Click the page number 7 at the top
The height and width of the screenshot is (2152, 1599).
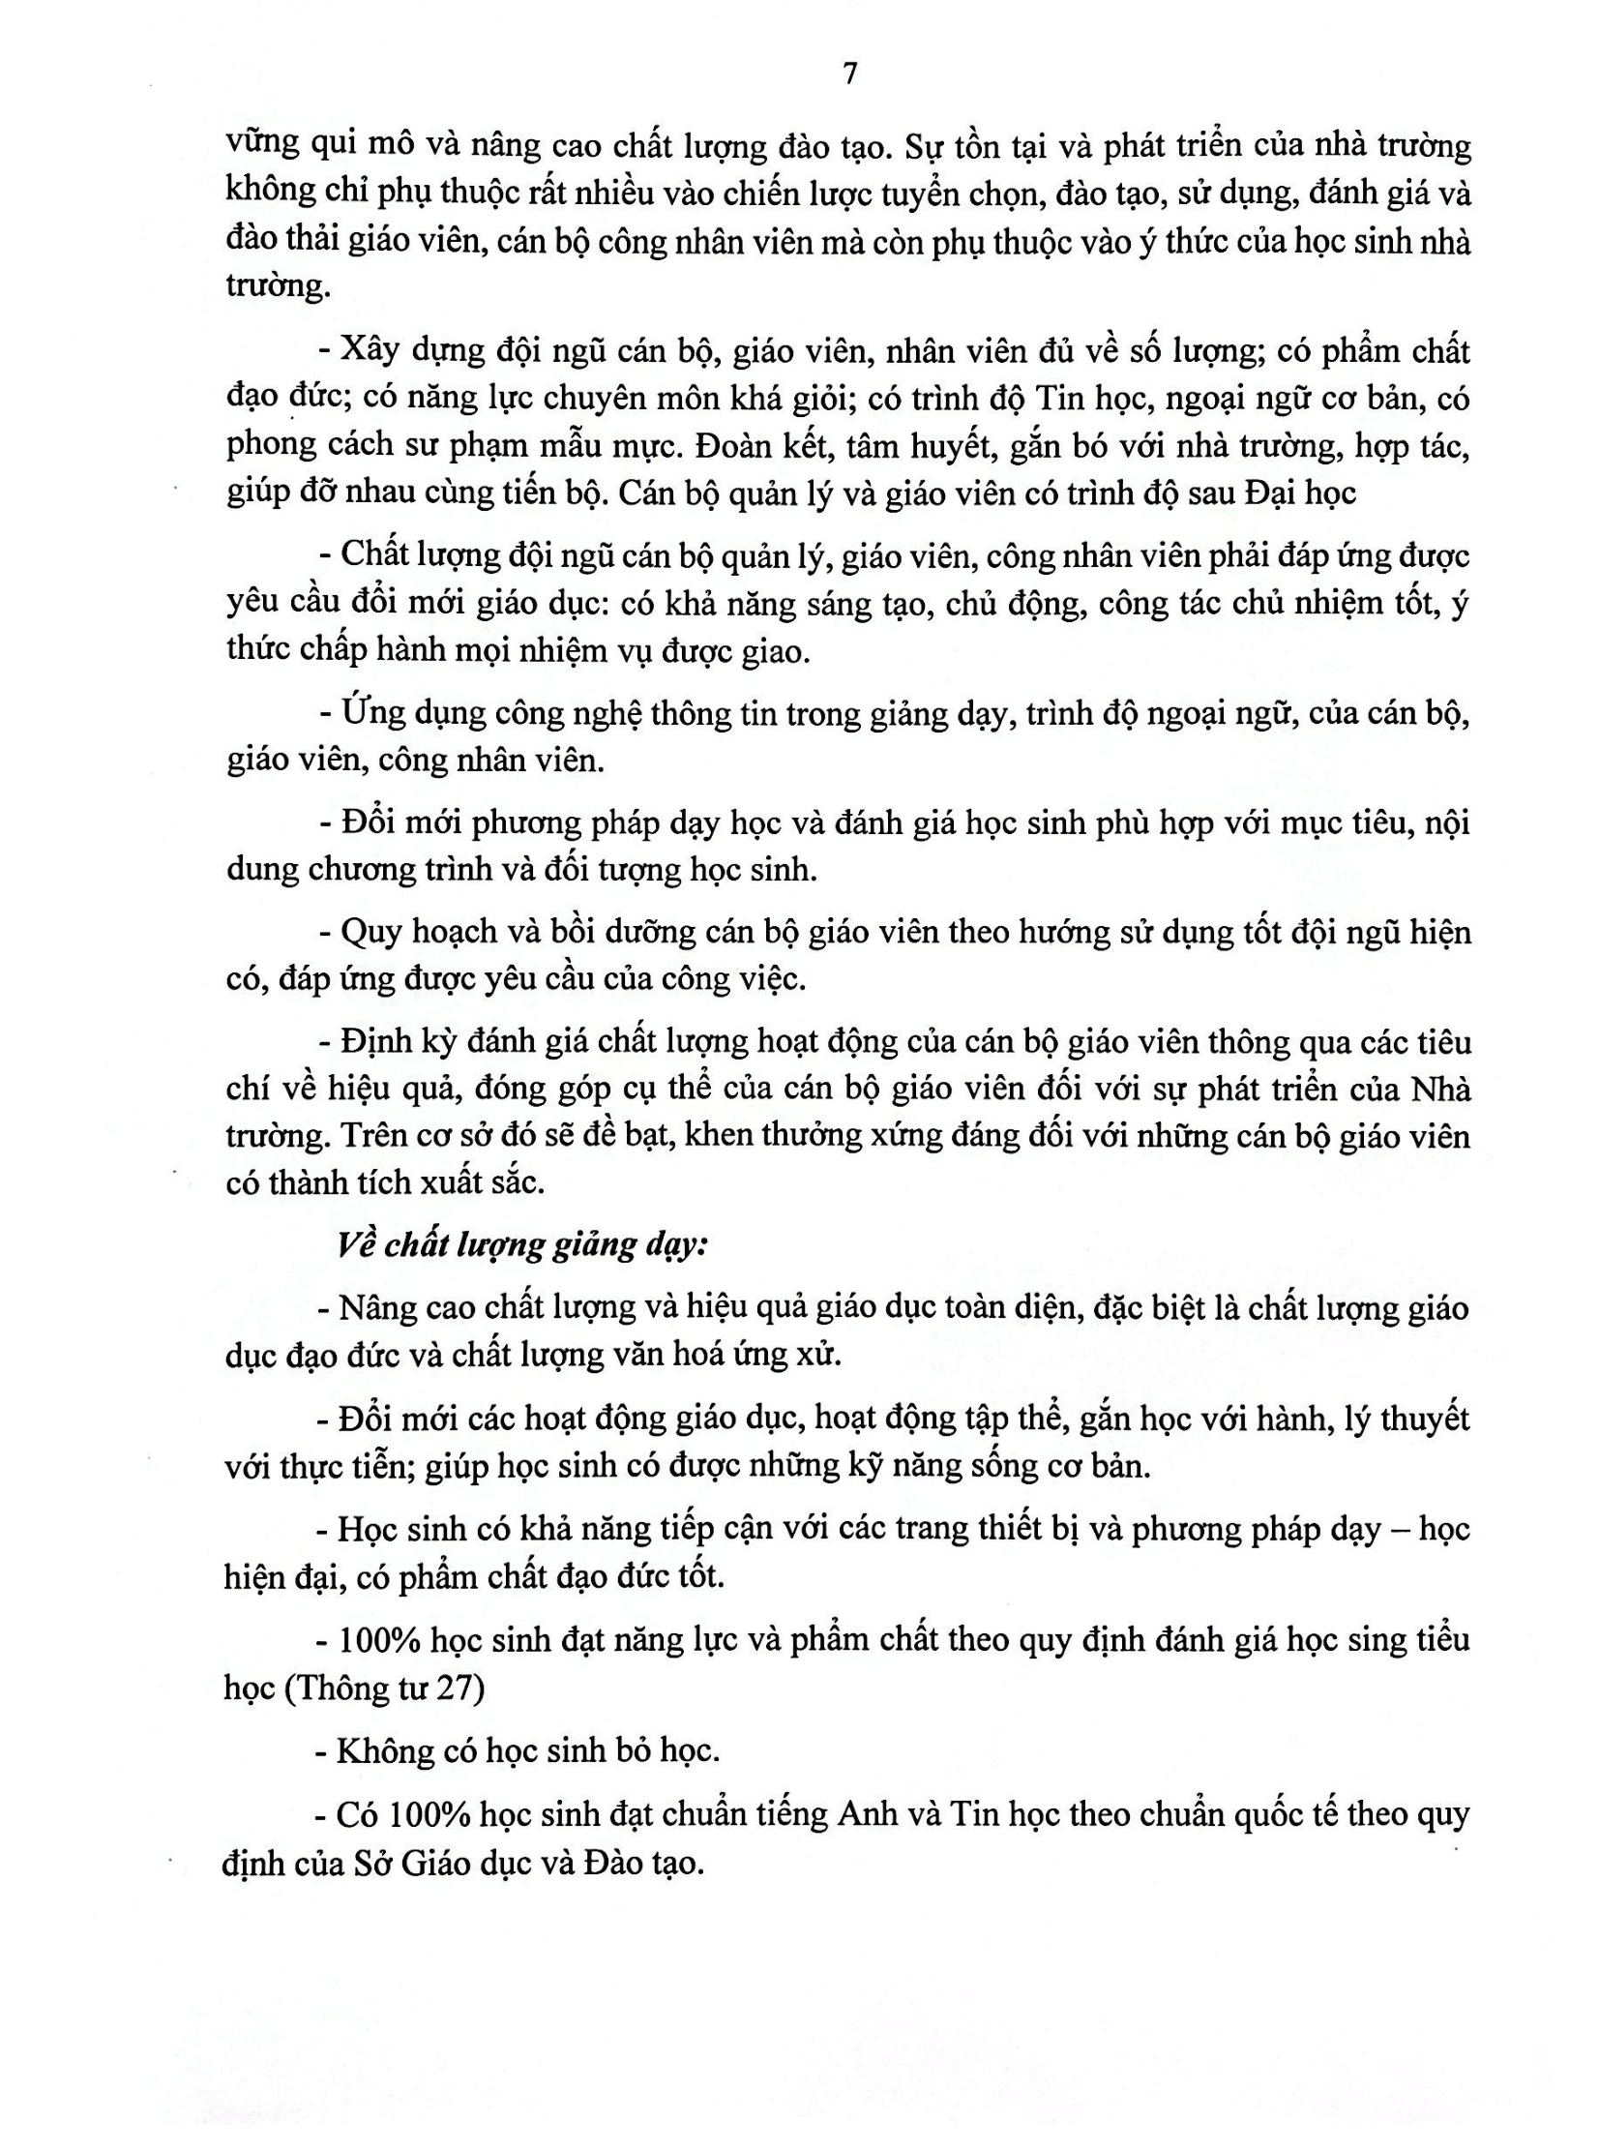click(x=850, y=75)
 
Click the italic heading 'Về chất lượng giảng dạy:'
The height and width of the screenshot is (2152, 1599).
click(x=522, y=1245)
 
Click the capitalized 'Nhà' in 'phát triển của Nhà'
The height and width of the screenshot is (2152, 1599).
click(x=1441, y=1091)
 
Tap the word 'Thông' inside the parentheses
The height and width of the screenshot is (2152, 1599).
click(x=345, y=1689)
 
